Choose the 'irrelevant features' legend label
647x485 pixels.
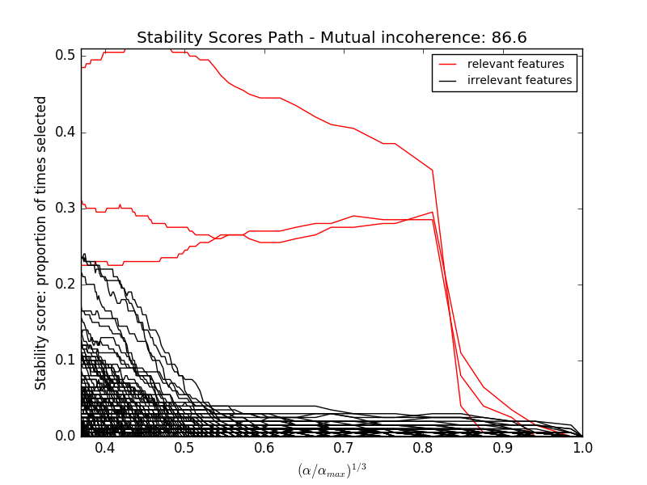[519, 80]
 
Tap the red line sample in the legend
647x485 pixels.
[448, 64]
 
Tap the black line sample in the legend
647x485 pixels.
[448, 80]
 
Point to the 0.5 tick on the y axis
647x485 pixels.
[66, 56]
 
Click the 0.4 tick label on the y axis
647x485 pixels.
[66, 133]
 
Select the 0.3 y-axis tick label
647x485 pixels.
[66, 209]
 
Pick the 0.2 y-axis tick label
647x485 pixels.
[66, 285]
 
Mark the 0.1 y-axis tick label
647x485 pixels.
[66, 361]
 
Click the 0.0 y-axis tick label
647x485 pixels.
[66, 436]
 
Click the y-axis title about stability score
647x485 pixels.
[40, 242]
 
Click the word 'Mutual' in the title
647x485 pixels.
[350, 38]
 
